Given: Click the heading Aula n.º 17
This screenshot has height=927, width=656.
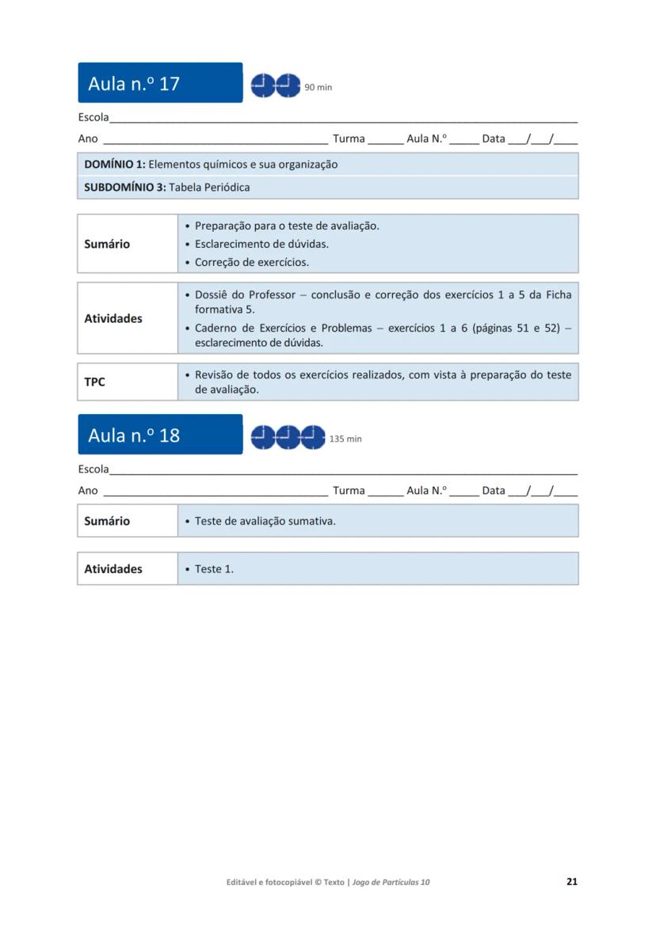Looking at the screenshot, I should click(134, 84).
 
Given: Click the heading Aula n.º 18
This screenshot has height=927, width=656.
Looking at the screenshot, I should click(134, 435).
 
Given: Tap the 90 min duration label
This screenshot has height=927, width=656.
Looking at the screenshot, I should click(318, 88).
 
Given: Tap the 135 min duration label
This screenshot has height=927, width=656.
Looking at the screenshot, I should click(345, 439).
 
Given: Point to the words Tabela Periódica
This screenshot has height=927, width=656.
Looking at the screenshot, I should click(209, 188).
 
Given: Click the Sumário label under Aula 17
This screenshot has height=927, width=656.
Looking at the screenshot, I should click(107, 244).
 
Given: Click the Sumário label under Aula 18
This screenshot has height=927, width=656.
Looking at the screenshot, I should click(107, 521).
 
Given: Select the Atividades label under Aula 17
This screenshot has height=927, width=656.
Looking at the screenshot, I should click(113, 318).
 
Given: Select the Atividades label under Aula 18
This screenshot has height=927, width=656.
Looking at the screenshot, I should click(113, 568).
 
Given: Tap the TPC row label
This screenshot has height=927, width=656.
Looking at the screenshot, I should click(94, 382).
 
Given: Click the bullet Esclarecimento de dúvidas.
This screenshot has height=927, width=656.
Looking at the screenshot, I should click(261, 244).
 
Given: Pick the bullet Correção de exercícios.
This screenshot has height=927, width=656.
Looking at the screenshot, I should click(252, 262).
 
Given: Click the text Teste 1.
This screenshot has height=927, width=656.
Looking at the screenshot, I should click(214, 568).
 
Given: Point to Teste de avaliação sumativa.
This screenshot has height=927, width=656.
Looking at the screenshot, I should click(265, 521).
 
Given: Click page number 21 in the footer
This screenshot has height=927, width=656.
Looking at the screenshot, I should click(572, 881).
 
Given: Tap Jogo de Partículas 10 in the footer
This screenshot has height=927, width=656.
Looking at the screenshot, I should click(391, 882).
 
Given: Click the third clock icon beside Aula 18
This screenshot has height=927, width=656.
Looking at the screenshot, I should click(314, 436).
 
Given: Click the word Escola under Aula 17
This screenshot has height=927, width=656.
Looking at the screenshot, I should click(93, 117).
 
